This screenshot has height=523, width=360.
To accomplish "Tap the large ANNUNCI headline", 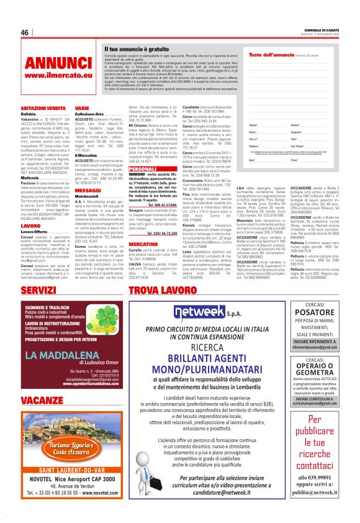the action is (50, 63).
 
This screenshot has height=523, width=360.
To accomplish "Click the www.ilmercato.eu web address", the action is (50, 75).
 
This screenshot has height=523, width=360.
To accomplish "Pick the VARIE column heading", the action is (82, 108).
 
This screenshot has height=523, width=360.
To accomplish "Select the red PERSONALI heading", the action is (143, 169).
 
